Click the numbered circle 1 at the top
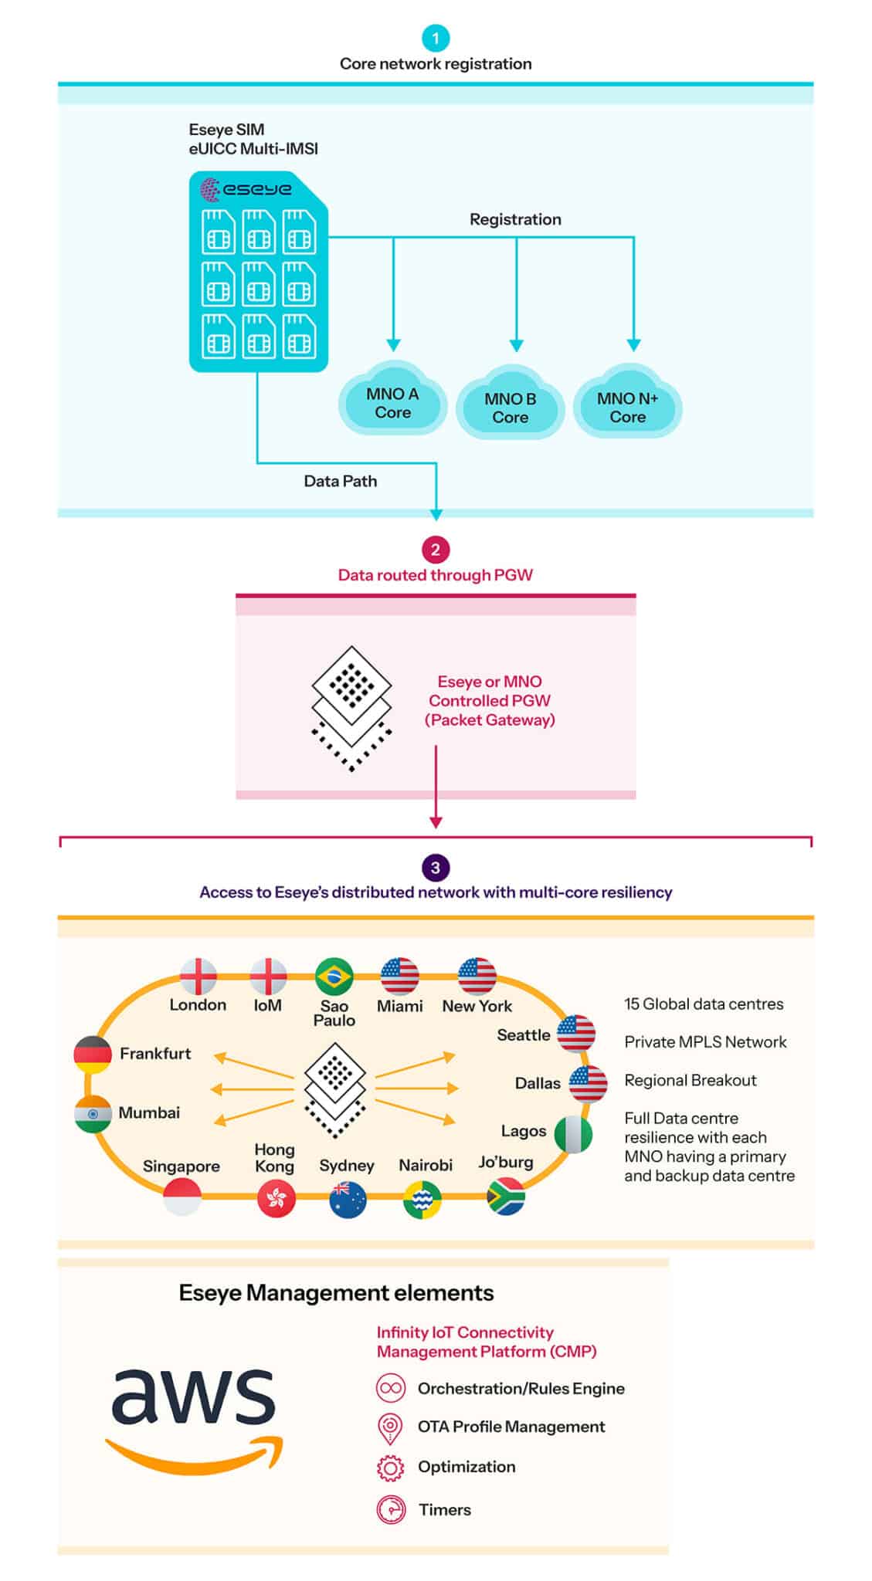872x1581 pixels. (x=436, y=38)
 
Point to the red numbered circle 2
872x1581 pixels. (x=436, y=550)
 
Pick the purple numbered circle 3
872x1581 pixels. (x=436, y=867)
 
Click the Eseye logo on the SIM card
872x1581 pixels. (x=246, y=188)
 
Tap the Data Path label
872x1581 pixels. (x=341, y=481)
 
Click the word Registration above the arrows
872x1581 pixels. (x=515, y=219)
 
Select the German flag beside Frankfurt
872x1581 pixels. (x=93, y=1055)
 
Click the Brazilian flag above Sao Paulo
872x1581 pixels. (x=334, y=977)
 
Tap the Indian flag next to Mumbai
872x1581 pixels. (x=93, y=1114)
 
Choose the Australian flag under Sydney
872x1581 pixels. (x=348, y=1200)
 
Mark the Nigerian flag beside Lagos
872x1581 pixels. (x=573, y=1134)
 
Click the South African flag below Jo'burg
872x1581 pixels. (x=506, y=1196)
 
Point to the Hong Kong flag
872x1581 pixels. (x=276, y=1199)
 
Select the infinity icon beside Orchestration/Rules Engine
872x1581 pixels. (x=391, y=1388)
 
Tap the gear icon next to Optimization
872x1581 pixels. (x=390, y=1467)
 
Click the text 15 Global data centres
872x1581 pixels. (x=704, y=1004)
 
